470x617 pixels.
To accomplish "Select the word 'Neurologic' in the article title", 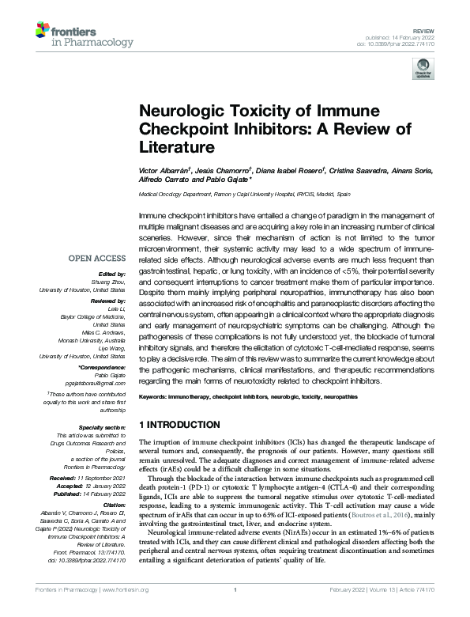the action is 179,112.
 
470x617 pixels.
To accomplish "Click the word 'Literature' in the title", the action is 178,147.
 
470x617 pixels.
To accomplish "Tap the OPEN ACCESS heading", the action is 96,259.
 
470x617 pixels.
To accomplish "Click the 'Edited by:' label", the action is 111,275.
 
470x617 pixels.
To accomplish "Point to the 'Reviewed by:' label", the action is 107,301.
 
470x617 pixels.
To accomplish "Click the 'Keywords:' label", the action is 153,395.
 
